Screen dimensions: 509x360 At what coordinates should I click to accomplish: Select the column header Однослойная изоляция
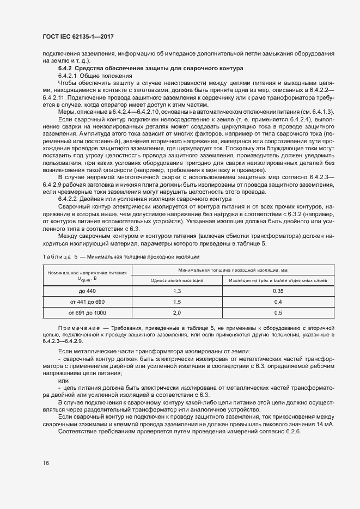(x=177, y=280)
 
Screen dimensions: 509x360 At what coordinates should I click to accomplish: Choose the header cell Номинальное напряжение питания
(x=87, y=273)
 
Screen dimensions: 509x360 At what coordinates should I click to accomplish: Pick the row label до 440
(x=87, y=291)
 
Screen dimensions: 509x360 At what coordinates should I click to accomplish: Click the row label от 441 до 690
(x=87, y=302)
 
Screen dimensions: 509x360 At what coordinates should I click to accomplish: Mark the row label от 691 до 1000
(x=87, y=312)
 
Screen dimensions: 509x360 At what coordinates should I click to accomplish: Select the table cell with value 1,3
(x=177, y=291)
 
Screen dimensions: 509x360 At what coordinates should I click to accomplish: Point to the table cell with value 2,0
(x=177, y=312)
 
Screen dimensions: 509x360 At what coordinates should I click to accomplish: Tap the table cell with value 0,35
(x=278, y=291)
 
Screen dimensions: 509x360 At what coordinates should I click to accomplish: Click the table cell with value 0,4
(x=278, y=302)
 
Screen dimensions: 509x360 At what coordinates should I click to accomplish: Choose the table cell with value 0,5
(x=278, y=312)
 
